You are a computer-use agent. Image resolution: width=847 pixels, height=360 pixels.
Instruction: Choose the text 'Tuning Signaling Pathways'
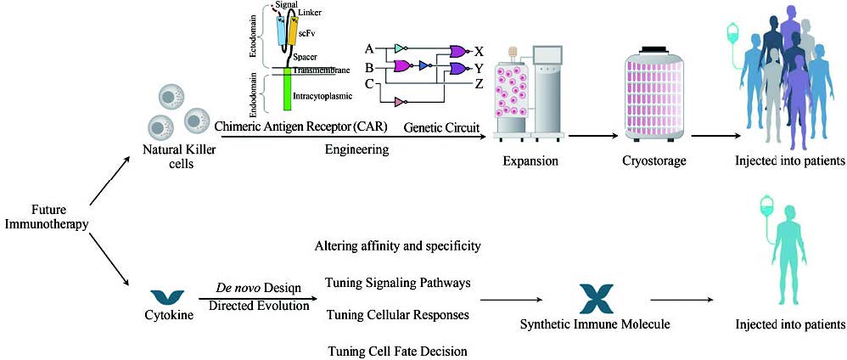(x=398, y=282)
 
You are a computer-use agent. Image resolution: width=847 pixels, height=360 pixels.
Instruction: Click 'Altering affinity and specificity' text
(x=398, y=246)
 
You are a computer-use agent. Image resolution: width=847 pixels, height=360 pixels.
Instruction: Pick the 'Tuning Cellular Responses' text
(x=398, y=315)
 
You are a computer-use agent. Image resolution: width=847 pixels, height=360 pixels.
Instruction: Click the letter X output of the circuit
(x=480, y=50)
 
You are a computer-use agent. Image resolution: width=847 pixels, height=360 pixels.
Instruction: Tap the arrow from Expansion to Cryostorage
(x=592, y=135)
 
